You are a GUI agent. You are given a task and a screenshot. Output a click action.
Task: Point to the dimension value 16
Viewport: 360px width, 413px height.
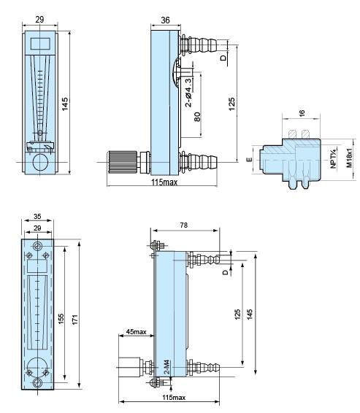tap(302, 113)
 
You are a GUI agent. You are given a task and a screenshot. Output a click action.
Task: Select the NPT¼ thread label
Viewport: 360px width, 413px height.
tap(332, 159)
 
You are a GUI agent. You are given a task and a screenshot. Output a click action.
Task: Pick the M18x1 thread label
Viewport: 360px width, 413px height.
tap(349, 159)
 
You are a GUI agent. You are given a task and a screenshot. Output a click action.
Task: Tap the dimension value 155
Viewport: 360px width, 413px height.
tap(62, 318)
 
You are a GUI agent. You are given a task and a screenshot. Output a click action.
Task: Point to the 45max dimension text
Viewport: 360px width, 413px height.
tap(135, 332)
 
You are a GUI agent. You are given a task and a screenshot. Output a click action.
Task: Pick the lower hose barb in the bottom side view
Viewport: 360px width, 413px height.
tap(208, 365)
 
